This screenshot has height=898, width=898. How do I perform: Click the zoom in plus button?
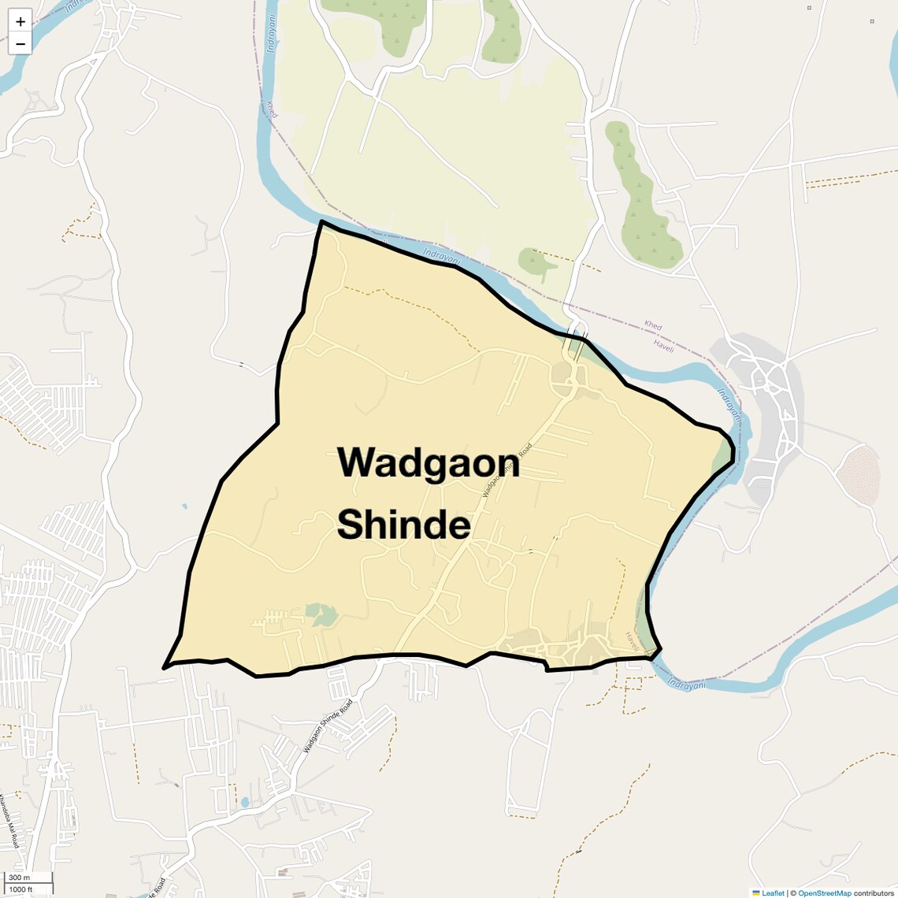20,22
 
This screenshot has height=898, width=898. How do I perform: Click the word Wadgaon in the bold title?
429,462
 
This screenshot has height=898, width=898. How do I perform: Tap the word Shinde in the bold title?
403,525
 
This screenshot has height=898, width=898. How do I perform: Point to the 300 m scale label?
20,878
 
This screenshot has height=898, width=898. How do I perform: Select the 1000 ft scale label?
21,889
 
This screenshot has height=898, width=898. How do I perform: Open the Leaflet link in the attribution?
772,893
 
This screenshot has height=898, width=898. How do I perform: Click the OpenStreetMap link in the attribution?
824,893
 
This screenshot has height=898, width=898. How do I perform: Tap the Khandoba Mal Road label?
8,820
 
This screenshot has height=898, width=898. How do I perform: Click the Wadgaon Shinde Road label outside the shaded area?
328,725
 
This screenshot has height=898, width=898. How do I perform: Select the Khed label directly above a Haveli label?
653,325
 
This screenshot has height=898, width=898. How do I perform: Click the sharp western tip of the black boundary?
165,668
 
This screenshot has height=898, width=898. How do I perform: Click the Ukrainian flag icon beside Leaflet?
756,893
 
